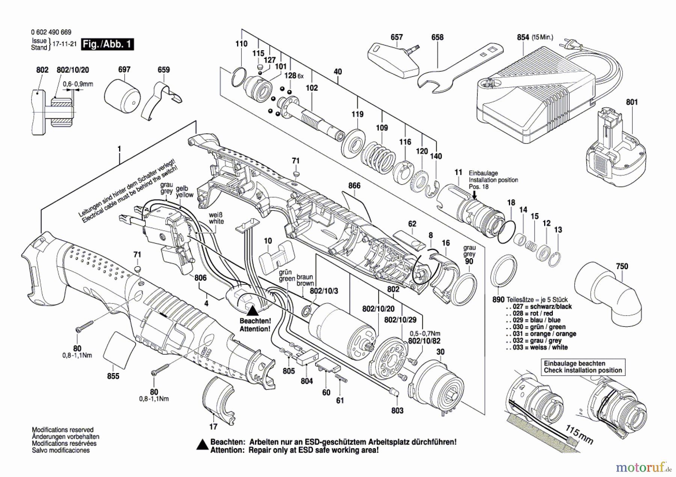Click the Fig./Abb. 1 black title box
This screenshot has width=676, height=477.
click(107, 44)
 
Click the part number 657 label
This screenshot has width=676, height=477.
click(397, 37)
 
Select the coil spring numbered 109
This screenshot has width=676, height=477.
click(379, 155)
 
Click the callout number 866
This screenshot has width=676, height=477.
click(354, 185)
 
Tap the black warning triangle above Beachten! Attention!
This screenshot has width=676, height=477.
click(252, 310)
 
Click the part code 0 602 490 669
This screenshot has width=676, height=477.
click(51, 32)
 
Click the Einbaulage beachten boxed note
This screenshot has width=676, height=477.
click(583, 367)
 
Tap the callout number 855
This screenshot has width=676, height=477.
click(113, 376)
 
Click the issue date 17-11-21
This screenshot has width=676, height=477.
click(64, 44)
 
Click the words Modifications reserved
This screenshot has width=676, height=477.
click(63, 430)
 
